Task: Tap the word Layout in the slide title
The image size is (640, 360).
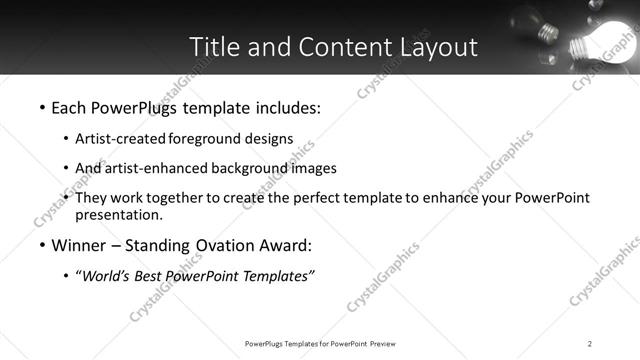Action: point(433,47)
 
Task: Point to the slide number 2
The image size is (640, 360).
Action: point(590,344)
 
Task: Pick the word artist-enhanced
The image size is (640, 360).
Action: point(152,168)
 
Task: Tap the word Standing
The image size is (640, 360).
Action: point(166,245)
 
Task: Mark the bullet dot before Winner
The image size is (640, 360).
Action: point(41,246)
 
